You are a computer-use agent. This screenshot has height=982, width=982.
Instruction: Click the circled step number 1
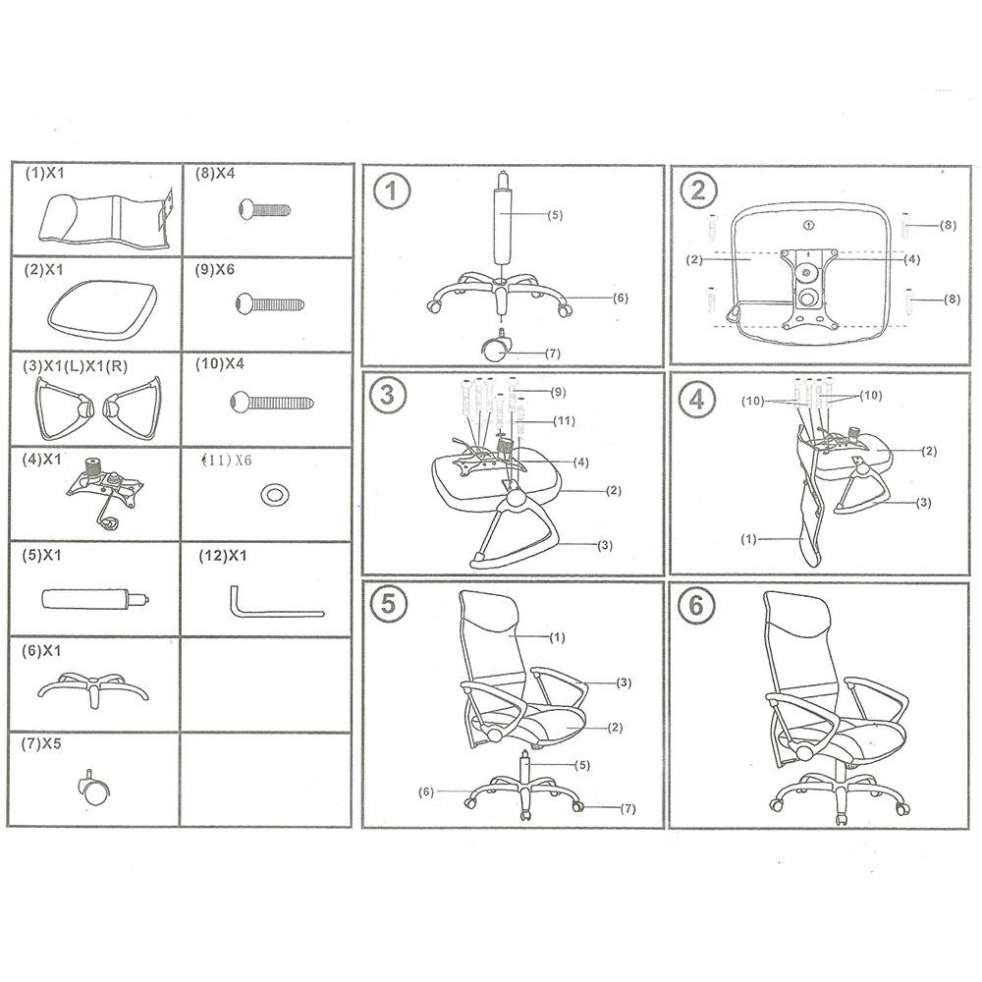pos(392,191)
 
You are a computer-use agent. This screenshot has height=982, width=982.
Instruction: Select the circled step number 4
pos(697,400)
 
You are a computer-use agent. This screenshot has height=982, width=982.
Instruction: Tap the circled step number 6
pos(696,606)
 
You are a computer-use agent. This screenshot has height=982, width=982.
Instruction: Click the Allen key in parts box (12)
pos(276,603)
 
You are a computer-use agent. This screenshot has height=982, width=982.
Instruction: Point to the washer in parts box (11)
pos(274,495)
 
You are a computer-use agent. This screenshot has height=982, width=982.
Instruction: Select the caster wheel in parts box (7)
pos(94,788)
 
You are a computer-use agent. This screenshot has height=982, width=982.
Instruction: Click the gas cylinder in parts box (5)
pos(95,599)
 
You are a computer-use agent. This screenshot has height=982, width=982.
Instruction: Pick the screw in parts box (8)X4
pos(265,208)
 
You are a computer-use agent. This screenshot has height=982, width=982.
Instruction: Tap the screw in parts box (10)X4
pos(272,402)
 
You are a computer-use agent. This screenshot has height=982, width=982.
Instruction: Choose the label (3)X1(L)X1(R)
pos(76,366)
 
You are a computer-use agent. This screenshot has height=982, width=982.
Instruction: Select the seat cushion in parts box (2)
pos(103,308)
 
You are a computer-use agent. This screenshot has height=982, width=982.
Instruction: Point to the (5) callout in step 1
pos(555,215)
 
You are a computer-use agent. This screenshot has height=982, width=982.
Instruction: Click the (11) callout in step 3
pos(565,420)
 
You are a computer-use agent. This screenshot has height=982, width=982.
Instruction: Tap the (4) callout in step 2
pos(912,258)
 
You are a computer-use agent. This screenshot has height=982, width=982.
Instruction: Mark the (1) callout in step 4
pos(748,538)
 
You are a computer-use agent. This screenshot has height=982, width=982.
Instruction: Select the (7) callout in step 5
pos(627,808)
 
